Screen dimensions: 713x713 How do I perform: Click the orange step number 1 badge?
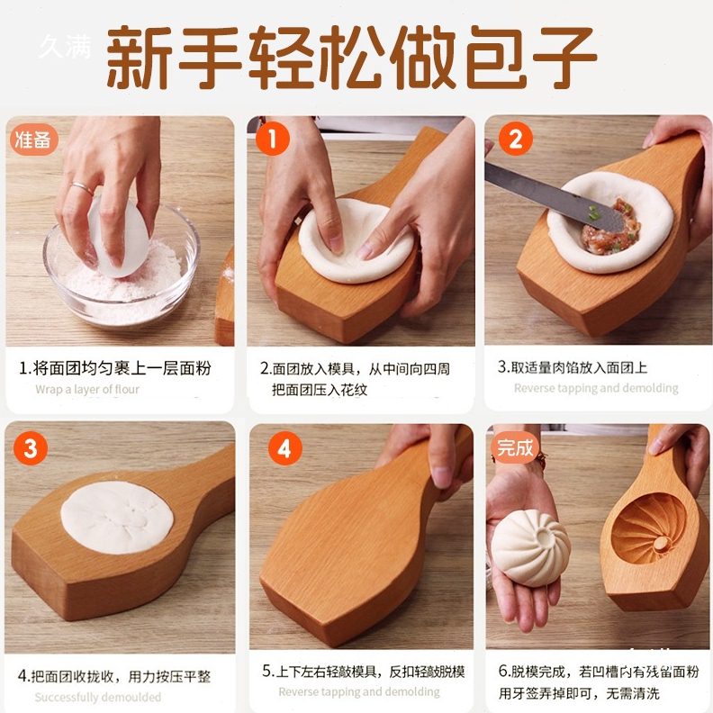[271, 140]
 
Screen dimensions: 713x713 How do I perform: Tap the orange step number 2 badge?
[514, 140]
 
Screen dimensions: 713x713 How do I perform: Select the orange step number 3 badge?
[30, 447]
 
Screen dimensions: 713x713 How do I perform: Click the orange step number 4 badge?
[284, 447]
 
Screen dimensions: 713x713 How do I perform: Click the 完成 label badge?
[516, 447]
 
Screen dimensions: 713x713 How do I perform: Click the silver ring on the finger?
[82, 189]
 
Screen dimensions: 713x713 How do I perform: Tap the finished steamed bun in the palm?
[531, 546]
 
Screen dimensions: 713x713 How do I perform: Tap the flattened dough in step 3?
[116, 517]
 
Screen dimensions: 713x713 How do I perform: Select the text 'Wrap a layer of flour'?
[87, 390]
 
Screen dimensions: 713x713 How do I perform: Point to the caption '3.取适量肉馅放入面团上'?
[572, 367]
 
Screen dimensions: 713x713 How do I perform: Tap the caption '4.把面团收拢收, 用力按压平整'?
[114, 676]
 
